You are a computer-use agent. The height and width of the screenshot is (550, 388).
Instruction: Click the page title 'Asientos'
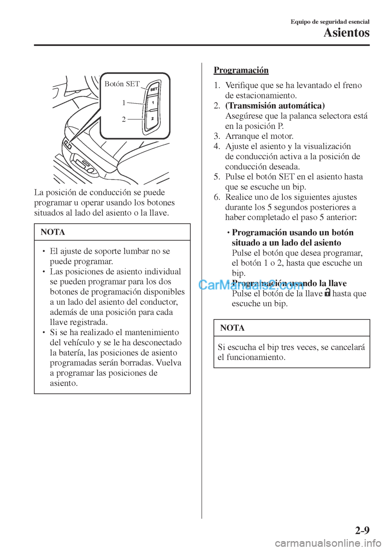click(346, 33)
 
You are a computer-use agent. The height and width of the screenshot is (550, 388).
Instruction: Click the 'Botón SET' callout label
click(122, 84)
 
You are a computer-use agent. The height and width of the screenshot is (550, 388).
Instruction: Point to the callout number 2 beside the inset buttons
click(124, 119)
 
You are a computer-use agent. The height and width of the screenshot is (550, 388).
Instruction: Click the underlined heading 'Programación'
click(241, 70)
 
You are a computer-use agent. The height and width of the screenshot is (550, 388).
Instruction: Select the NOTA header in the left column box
click(53, 232)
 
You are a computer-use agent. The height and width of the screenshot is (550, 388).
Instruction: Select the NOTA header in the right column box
click(232, 328)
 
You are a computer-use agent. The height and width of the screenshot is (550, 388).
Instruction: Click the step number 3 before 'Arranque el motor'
click(217, 136)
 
